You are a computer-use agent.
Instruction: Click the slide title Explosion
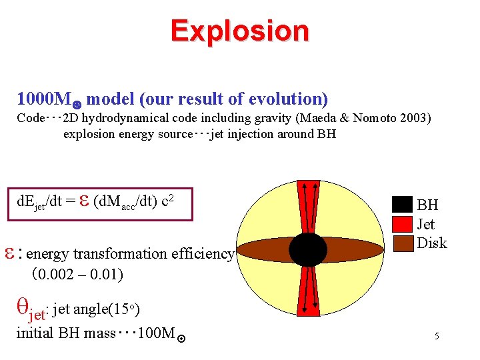[239, 31]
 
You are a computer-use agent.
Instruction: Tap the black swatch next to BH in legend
[403, 204]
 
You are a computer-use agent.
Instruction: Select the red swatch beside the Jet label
[403, 223]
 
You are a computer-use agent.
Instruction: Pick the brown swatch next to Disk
[403, 242]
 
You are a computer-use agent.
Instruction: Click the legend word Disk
[432, 243]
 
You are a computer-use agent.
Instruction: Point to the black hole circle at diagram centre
[307, 249]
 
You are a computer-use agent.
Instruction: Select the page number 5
[437, 337]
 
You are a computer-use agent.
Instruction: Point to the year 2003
[414, 119]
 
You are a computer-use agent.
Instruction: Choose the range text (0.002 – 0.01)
[77, 273]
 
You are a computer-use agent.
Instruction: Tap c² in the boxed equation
[168, 200]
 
